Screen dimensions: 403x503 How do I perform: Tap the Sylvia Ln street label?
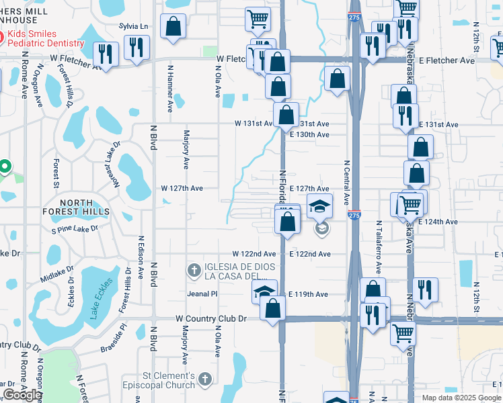133,26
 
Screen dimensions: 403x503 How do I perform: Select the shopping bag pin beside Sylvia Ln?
173,27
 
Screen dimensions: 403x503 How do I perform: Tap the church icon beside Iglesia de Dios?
194,271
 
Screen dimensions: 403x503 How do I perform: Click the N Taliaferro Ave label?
379,247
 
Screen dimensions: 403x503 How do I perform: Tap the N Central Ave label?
347,182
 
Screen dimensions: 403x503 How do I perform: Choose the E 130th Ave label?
309,134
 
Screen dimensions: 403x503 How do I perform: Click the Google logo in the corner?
22,395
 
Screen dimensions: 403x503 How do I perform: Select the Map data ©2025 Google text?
461,398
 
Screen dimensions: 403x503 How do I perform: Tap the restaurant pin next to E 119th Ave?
425,289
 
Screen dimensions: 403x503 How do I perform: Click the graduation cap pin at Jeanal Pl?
265,292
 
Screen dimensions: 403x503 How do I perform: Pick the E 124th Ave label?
438,222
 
